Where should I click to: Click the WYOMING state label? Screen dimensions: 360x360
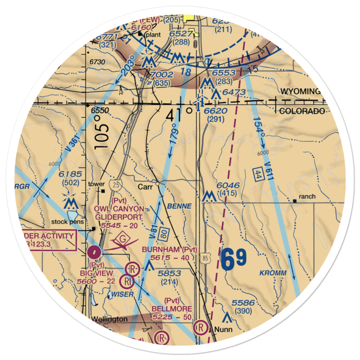tap(301, 91)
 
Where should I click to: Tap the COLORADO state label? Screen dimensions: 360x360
tap(302, 111)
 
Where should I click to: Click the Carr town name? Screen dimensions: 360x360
tap(145, 187)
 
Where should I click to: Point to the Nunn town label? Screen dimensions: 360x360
tap(223, 329)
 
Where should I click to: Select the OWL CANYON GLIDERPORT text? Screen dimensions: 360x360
tap(119, 213)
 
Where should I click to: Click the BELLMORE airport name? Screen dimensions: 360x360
tap(172, 309)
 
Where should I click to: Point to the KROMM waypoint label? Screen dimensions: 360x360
tap(273, 273)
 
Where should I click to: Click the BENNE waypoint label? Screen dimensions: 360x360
tap(179, 206)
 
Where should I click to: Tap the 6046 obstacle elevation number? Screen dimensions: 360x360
tap(228, 186)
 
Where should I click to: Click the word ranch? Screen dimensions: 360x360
tap(307, 197)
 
